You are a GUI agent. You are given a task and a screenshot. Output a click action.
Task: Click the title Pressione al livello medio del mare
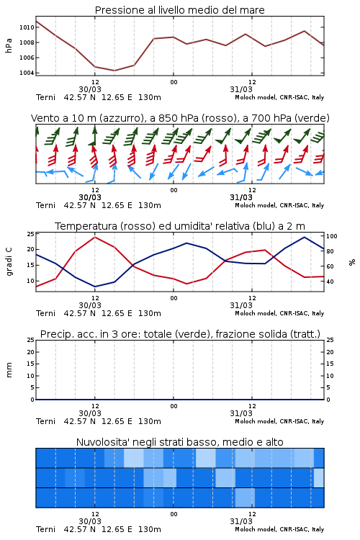[179, 10]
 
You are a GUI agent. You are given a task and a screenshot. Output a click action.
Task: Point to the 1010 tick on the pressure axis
[27, 27]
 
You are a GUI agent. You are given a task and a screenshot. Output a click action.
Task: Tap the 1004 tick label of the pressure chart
[27, 73]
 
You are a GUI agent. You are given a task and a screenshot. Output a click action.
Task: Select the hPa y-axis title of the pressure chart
[9, 45]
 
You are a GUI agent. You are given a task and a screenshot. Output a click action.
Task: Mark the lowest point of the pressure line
[114, 71]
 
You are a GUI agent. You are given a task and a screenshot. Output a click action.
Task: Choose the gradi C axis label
[9, 262]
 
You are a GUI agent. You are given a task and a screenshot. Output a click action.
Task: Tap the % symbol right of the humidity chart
[352, 262]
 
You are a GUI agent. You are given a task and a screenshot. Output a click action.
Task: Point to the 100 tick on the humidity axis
[332, 236]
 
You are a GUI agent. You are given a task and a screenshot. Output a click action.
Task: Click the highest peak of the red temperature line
[95, 237]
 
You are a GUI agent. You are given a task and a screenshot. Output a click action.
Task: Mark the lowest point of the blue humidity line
[95, 287]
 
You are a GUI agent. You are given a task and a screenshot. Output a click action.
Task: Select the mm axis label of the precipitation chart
[9, 370]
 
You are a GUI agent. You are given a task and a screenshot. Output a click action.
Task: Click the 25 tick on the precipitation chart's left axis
[31, 340]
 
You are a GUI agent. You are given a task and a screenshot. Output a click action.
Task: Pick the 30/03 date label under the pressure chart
[90, 89]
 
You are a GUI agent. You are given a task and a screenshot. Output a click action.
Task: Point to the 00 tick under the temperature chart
[174, 298]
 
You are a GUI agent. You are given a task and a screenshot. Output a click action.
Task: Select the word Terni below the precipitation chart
[45, 421]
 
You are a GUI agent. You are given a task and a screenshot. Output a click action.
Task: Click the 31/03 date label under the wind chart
[241, 197]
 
